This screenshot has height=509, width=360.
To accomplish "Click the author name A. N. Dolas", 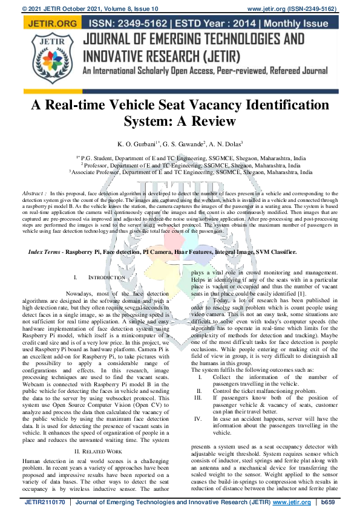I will [x=225, y=144].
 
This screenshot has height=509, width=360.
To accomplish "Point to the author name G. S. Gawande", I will [x=181, y=144].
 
